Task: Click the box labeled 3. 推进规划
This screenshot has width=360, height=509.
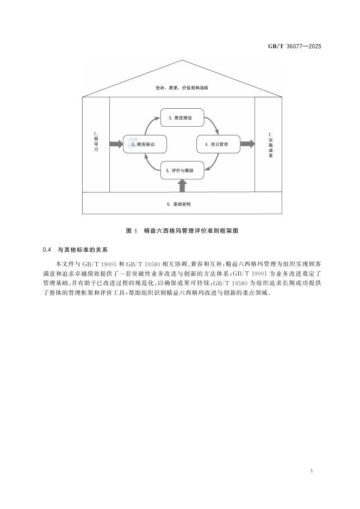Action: point(182,117)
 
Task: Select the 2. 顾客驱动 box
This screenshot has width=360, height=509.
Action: point(144,144)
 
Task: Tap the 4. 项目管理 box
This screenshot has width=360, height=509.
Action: point(218,144)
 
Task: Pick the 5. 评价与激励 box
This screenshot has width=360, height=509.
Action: point(182,170)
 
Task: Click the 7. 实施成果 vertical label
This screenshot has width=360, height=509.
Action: point(270,145)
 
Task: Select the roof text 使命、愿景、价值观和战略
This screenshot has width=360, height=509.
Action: point(182,88)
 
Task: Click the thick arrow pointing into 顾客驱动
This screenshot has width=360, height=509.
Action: point(116,144)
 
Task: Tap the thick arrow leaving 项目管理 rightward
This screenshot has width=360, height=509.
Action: point(247,144)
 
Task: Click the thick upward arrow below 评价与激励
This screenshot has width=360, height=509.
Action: point(183,186)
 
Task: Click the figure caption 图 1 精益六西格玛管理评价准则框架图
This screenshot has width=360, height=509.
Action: point(182,231)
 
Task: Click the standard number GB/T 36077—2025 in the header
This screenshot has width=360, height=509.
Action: point(295,46)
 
